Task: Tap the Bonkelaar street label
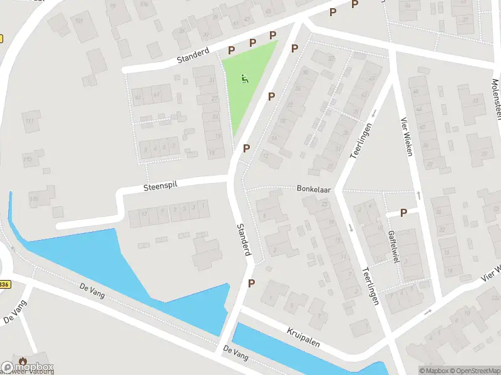pos(314,187)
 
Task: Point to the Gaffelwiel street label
pos(393,246)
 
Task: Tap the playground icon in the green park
pos(245,79)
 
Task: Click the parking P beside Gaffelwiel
pos(403,212)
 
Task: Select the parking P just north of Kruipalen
pos(251,283)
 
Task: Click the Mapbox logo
pos(28,367)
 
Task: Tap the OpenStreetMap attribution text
pos(472,371)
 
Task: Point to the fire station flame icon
pos(23,361)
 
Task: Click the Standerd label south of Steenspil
pos(244,239)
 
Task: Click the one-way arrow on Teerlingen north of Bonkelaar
pos(373,114)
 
